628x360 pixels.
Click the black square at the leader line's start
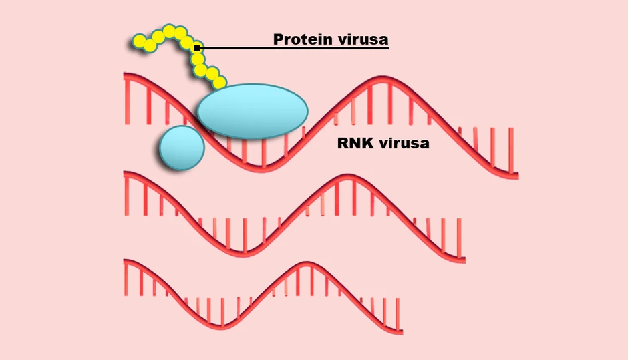coord(196,49)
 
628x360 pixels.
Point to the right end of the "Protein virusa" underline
coord(389,48)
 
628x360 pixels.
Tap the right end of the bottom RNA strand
coord(402,331)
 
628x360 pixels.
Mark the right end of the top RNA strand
coord(518,176)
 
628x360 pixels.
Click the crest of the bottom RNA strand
coord(307,264)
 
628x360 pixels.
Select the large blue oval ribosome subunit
coord(253,112)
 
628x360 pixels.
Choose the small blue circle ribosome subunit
coord(182,148)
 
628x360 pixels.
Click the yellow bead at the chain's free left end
coord(140,41)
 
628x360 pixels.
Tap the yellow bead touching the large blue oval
coord(219,83)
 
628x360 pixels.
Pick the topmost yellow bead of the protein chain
coord(169,31)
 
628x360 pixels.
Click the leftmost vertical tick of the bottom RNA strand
coord(126,279)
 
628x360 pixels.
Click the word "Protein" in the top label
coord(303,39)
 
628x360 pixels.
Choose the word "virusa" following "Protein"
coord(363,39)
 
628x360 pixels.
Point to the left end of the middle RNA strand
coord(125,174)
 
